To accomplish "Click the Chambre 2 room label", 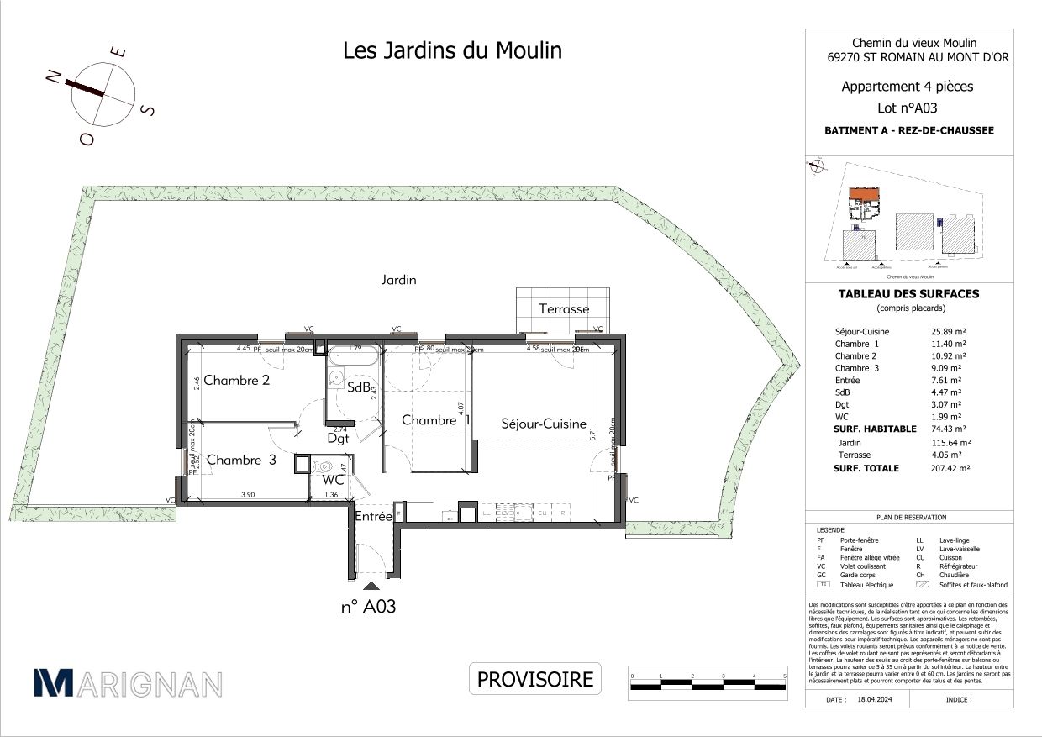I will click(236, 380).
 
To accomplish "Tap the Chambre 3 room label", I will click(241, 460).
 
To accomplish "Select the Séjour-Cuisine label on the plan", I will click(544, 424).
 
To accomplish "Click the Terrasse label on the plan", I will click(564, 308).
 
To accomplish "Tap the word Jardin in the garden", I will click(398, 280).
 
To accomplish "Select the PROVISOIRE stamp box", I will click(535, 679).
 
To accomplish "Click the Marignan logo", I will click(128, 682).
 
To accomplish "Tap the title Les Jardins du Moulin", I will click(453, 51).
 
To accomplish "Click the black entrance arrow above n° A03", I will click(371, 586).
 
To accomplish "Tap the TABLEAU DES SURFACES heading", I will click(908, 294).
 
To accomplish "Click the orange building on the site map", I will click(863, 197).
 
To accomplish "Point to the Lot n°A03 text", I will click(907, 108).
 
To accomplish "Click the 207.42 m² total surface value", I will click(947, 468).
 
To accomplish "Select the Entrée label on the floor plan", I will click(373, 516).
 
